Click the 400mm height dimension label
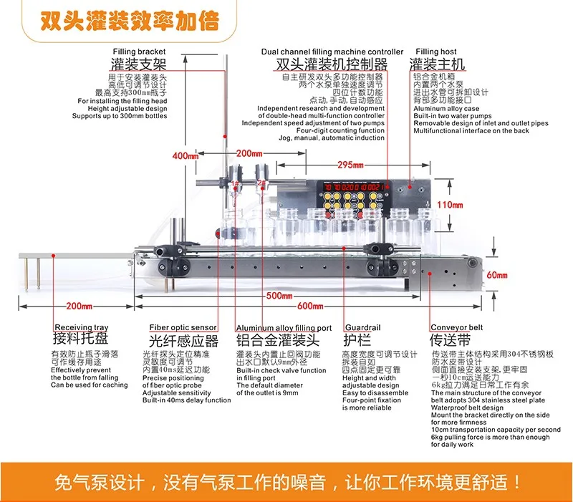pos(186,155)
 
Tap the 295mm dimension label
pos(350,165)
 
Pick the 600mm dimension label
pos(310,307)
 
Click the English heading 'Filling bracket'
pos(139,52)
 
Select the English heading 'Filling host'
pos(436,52)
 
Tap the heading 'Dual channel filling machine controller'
pos(332,52)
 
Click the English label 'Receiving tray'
pos(82,328)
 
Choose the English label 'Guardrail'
pos(362,328)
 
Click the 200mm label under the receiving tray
pos(78,307)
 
